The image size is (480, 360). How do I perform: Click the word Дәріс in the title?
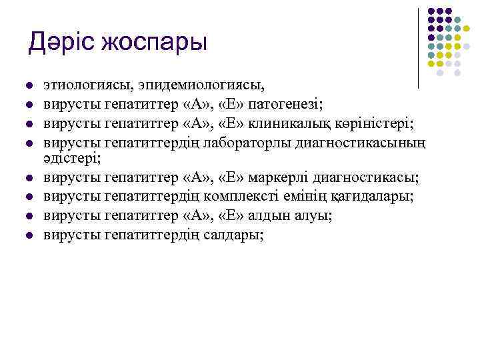[62, 42]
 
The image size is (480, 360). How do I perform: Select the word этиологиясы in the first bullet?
[87, 85]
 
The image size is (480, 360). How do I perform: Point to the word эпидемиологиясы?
[201, 85]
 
